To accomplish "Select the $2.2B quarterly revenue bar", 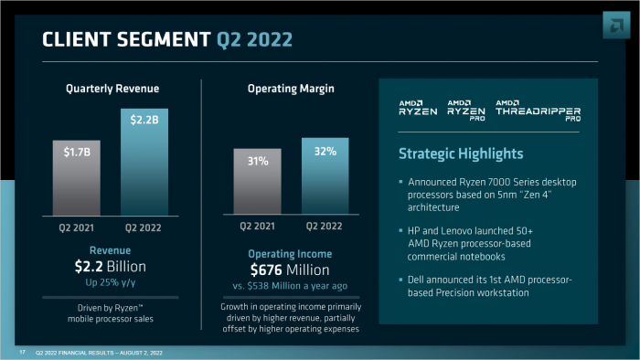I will point(145,161).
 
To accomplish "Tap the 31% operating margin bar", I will point(257,182).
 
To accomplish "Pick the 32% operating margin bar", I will point(325,175).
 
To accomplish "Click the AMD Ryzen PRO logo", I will point(466,110).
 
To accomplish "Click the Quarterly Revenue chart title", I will point(112,89).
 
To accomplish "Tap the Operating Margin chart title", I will point(291,89).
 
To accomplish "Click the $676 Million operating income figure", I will point(291,270).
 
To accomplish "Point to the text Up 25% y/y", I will point(112,282).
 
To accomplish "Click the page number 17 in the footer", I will point(22,352).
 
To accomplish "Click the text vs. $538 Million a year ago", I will point(291,285).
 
